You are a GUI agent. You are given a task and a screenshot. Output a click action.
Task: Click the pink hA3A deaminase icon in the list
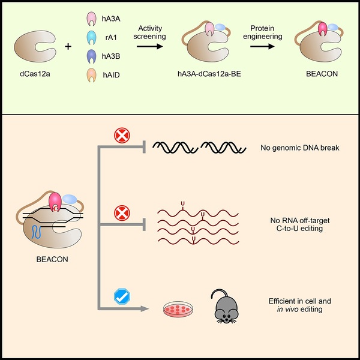(91, 19)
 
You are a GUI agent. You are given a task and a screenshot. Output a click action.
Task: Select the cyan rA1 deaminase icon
(91, 37)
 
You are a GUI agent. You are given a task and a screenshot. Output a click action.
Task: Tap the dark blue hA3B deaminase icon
(91, 56)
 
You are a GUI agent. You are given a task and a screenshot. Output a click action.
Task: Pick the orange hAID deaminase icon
(91, 75)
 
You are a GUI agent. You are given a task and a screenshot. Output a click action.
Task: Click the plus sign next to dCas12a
(68, 47)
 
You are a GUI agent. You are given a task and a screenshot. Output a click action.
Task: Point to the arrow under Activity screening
(149, 46)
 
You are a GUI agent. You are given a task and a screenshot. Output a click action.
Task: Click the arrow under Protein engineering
(262, 46)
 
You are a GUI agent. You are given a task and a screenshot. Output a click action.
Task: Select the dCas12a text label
(35, 74)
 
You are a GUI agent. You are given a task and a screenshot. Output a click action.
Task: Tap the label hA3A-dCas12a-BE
(209, 74)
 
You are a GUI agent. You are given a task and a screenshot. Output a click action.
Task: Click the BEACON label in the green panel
(322, 74)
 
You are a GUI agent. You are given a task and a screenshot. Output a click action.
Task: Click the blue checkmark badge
(122, 296)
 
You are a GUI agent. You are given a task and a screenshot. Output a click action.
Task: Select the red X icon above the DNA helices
(122, 136)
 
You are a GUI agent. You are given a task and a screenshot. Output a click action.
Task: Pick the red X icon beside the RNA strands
(122, 213)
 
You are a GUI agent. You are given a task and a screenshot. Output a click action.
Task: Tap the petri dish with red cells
(178, 309)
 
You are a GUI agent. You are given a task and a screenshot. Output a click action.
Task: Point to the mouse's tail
(218, 292)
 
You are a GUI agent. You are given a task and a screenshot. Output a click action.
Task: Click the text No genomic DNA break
(300, 148)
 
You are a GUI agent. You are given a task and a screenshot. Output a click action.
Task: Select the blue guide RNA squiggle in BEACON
(36, 232)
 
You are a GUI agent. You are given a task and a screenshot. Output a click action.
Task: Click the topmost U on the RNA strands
(183, 203)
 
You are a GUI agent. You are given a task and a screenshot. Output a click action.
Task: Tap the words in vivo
(287, 309)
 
